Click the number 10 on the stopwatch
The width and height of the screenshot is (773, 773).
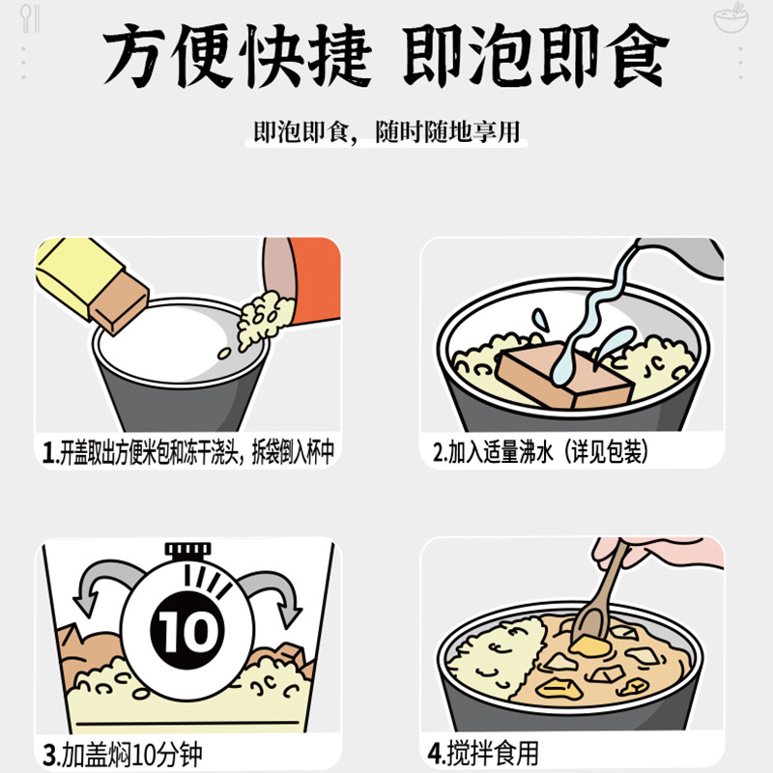click(187, 631)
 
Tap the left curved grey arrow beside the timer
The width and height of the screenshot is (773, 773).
click(101, 579)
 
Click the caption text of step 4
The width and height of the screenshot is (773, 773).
click(483, 753)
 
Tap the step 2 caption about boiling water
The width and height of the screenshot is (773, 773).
click(541, 451)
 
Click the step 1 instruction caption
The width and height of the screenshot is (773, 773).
click(188, 451)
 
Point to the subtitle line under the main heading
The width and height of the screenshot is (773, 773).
click(386, 131)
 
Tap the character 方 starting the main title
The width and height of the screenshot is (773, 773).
click(133, 56)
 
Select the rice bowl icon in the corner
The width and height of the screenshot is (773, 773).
click(731, 17)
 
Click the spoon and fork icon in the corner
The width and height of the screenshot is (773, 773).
click(30, 18)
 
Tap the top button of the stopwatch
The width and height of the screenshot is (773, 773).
click(187, 549)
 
